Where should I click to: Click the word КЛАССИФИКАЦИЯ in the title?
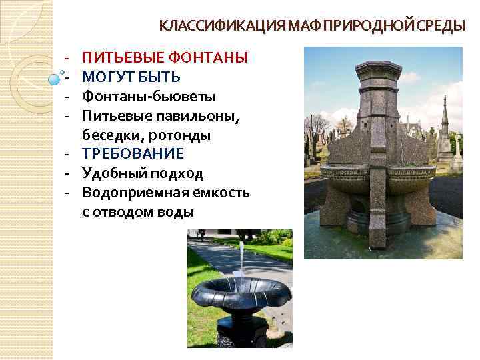tap(220, 26)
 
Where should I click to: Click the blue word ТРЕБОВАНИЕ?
tap(133, 155)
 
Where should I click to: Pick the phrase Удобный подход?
tap(143, 174)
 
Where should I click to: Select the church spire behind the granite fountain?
tap(445, 113)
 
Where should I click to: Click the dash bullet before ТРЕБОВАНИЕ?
tap(68, 155)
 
